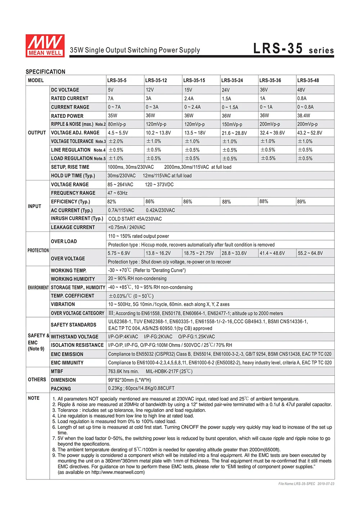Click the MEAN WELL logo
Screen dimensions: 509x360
click(x=45, y=46)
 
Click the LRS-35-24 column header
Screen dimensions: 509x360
click(x=232, y=80)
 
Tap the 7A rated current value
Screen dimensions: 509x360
click(x=111, y=98)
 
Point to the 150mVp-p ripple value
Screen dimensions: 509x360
click(x=232, y=124)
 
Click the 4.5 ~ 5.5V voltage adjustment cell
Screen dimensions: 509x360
click(x=118, y=133)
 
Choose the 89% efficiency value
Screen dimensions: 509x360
click(x=301, y=202)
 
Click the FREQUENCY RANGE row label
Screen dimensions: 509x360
click(x=73, y=193)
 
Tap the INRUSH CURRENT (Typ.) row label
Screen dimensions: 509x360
click(x=77, y=219)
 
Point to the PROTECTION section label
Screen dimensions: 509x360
click(x=38, y=250)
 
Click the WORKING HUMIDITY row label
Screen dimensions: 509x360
click(x=73, y=279)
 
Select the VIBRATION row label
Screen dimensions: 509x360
click(x=63, y=304)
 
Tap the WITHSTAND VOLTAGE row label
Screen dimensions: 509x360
click(x=75, y=337)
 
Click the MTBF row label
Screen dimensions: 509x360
click(x=57, y=371)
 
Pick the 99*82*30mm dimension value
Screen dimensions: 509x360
click(x=129, y=380)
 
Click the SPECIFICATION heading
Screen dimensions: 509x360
click(x=45, y=72)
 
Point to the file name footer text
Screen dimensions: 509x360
click(x=306, y=484)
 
